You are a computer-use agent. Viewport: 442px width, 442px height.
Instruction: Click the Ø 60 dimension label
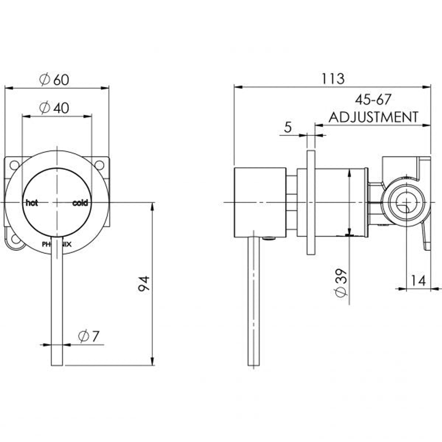pyautogui.click(x=54, y=80)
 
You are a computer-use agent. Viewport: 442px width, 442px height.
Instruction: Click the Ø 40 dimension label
pyautogui.click(x=54, y=108)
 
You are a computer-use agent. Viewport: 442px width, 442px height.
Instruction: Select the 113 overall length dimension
pyautogui.click(x=333, y=79)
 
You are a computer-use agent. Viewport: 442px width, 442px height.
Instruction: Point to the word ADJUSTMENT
pyautogui.click(x=373, y=117)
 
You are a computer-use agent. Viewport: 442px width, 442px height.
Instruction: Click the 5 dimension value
pyautogui.click(x=288, y=127)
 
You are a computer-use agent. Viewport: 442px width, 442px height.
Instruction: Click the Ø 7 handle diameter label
pyautogui.click(x=89, y=336)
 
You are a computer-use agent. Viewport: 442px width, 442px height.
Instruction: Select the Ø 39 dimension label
pyautogui.click(x=341, y=285)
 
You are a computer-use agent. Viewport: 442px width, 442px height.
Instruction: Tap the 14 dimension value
pyautogui.click(x=418, y=281)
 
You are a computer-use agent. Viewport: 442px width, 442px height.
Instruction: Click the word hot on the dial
pyautogui.click(x=32, y=203)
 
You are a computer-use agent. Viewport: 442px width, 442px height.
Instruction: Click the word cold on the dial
pyautogui.click(x=80, y=203)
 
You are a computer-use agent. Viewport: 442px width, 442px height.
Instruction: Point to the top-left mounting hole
pyautogui.click(x=14, y=165)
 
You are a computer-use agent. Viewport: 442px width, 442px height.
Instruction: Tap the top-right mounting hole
pyautogui.click(x=99, y=164)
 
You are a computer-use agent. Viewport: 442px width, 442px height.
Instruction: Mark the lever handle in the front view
pyautogui.click(x=57, y=302)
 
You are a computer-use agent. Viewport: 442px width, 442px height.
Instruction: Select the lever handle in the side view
pyautogui.click(x=253, y=302)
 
